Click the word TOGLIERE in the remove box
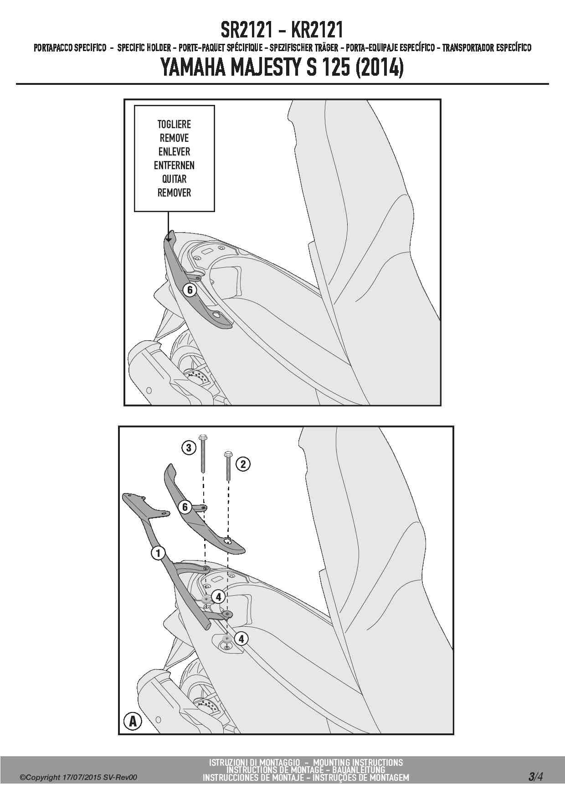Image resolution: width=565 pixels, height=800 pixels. pos(174,124)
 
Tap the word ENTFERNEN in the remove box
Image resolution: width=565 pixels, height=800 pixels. pos(174,165)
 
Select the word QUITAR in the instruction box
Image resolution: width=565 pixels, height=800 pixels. pos(174,179)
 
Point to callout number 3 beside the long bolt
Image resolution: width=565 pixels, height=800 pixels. pos(189,447)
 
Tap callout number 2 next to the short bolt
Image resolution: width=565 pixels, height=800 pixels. pos(243,464)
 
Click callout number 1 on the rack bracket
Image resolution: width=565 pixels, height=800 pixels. pos(158,553)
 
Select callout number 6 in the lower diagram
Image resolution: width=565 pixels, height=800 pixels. pos(185,507)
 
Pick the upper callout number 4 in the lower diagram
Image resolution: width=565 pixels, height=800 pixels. pos(218,597)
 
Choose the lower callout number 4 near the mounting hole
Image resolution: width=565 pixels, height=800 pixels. pos(241,639)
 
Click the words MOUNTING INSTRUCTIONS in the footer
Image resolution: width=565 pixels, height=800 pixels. pos(358,762)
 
